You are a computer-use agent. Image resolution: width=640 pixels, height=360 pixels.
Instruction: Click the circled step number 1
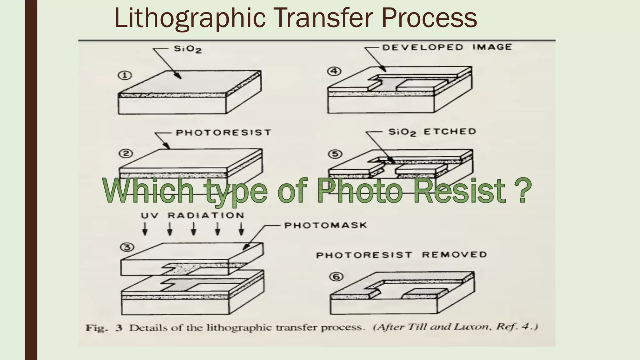125,75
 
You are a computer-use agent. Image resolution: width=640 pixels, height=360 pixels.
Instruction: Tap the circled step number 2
126,154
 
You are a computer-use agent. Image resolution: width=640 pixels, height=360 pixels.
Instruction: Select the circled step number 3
127,247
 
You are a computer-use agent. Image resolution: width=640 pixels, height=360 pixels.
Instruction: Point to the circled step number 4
334,71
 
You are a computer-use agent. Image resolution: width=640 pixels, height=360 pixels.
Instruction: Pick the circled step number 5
335,154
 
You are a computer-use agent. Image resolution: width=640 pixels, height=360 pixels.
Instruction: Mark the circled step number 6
337,277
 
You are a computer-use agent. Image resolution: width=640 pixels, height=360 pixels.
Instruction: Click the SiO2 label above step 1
187,49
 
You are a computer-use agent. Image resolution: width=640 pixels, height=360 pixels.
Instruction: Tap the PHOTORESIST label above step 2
223,132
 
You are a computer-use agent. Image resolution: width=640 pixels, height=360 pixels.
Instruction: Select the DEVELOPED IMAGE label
447,47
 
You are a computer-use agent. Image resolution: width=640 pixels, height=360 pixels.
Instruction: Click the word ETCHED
450,132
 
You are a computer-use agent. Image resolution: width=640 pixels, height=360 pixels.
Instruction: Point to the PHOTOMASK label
325,225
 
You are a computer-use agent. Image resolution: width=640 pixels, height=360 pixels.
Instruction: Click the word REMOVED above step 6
454,255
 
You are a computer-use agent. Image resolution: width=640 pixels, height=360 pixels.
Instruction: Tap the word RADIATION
206,215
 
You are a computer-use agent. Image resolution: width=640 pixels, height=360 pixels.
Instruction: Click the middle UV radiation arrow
193,229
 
